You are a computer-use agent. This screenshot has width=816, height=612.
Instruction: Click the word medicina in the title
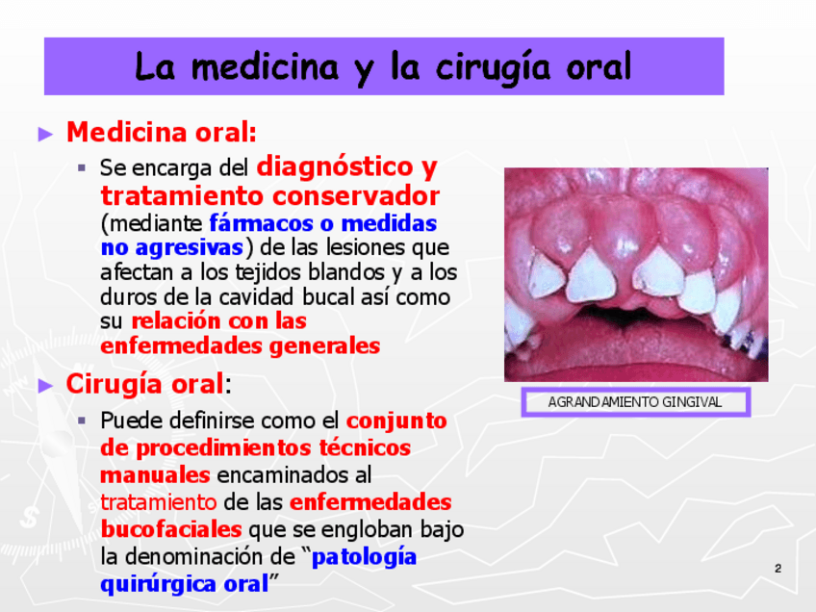[x=265, y=67]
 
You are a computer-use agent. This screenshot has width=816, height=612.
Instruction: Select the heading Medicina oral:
[x=162, y=132]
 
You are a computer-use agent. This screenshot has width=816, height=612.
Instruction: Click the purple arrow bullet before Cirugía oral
[x=46, y=386]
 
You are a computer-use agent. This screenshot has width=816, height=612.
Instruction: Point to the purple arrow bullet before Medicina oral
[x=46, y=135]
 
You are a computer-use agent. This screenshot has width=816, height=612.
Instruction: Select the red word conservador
[x=355, y=196]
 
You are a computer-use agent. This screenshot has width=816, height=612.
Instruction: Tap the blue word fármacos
[x=261, y=224]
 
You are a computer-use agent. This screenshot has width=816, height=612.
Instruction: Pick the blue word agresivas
[x=189, y=248]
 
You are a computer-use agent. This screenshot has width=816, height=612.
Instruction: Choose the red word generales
[x=324, y=346]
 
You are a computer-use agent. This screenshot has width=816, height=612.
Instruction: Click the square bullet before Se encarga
[x=82, y=167]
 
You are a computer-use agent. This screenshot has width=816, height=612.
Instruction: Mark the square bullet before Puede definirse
[x=82, y=420]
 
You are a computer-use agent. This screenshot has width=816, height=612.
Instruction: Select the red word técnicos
[x=365, y=447]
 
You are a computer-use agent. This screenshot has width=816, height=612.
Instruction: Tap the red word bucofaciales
[x=171, y=529]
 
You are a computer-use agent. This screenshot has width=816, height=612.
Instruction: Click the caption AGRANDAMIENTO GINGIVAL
[x=635, y=402]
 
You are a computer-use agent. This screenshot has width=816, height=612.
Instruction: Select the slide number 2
[x=778, y=569]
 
